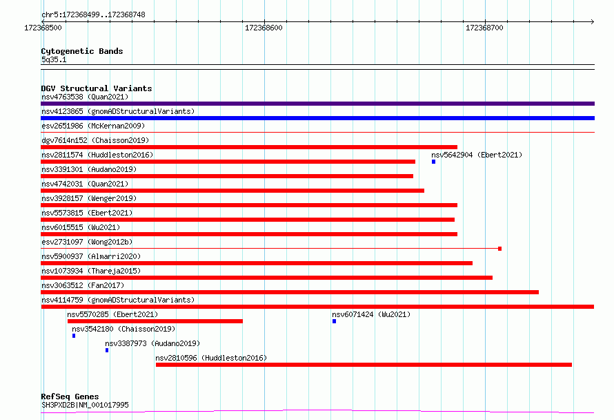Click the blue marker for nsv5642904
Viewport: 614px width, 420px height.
tap(433, 162)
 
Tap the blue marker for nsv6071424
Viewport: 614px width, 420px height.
tap(334, 321)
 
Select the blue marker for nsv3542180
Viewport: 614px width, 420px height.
tap(74, 336)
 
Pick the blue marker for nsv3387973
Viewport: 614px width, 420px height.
tap(107, 350)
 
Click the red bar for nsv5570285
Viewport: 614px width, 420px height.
tap(155, 321)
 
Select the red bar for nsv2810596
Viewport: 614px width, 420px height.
tap(364, 365)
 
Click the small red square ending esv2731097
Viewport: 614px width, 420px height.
tap(499, 249)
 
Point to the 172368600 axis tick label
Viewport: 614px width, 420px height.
tap(264, 28)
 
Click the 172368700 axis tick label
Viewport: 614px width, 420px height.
tap(484, 28)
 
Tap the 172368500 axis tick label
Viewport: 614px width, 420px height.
tap(43, 28)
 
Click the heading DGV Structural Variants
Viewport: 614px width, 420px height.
tap(97, 88)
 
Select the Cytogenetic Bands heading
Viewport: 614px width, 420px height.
tap(82, 51)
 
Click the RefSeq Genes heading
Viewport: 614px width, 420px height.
tap(70, 397)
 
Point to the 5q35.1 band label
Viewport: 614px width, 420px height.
tap(54, 59)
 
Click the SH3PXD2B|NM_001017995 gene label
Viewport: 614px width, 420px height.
tap(85, 405)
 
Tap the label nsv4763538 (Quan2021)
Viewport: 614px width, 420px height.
tap(85, 97)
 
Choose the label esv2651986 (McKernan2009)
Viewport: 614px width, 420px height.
tap(93, 126)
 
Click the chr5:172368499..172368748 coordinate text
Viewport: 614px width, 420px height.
tap(93, 15)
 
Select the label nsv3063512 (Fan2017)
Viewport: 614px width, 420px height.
tap(83, 285)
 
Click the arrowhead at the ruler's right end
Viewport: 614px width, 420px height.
tap(593, 21)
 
